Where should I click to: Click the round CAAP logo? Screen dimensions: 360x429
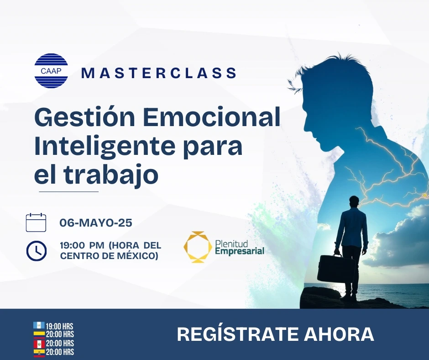click(51, 71)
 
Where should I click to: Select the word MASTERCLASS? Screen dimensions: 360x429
click(159, 73)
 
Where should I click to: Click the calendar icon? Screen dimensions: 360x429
click(36, 222)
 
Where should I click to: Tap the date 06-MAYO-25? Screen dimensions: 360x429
click(96, 223)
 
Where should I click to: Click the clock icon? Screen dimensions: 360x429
click(36, 250)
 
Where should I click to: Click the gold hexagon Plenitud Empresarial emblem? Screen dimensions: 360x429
click(198, 247)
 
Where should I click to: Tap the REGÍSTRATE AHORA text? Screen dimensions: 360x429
click(275, 334)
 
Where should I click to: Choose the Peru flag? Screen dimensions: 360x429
click(39, 343)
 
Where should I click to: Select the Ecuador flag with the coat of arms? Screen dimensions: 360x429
click(39, 352)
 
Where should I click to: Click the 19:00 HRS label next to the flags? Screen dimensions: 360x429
click(59, 326)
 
